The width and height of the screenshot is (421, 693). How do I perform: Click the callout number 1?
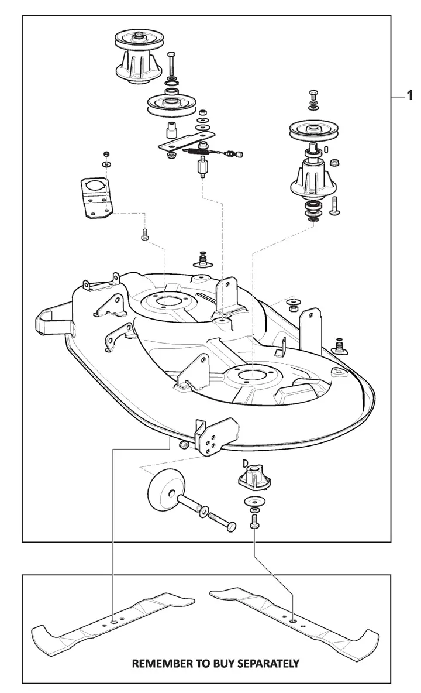[x=410, y=95]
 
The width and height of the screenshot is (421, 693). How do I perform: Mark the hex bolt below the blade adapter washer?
[x=254, y=521]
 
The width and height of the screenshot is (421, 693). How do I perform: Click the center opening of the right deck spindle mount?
[x=252, y=373]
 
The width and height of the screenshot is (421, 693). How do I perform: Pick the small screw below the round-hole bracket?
[x=144, y=235]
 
